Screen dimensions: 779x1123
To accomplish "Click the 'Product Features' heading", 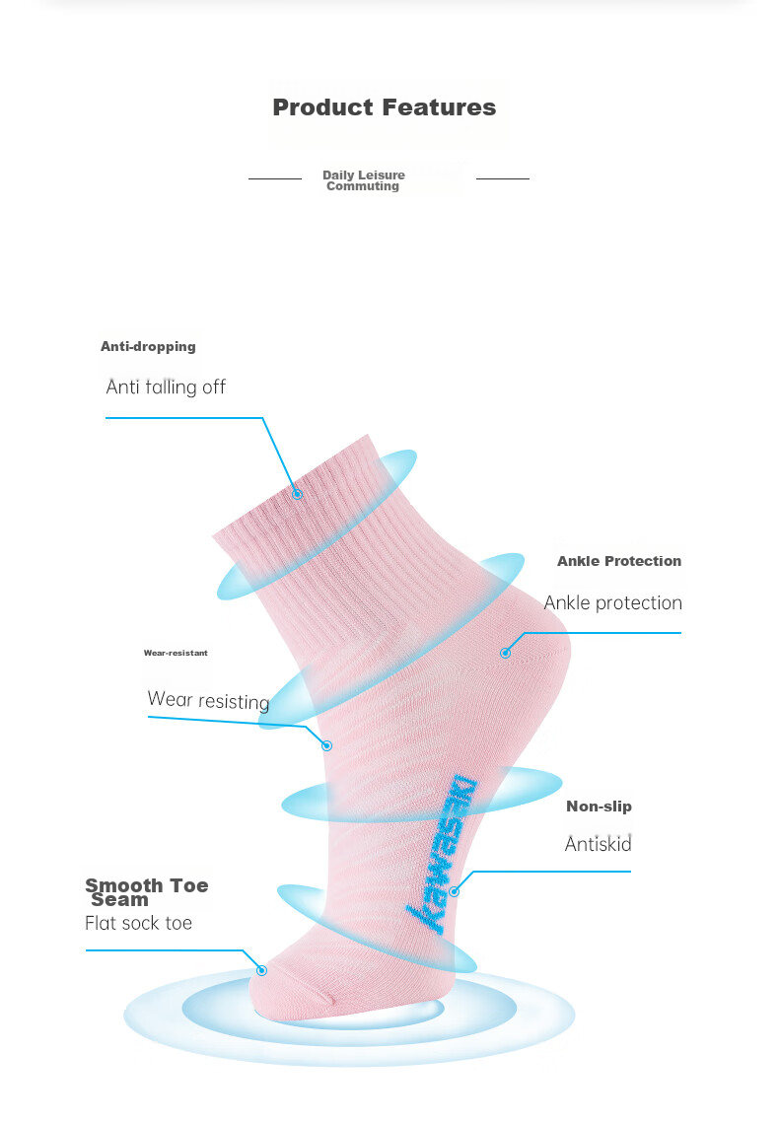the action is pyautogui.click(x=385, y=107).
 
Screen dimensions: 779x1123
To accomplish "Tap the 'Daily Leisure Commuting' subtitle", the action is pyautogui.click(x=364, y=180).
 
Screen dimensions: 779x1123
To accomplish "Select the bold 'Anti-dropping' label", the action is pyautogui.click(x=148, y=347).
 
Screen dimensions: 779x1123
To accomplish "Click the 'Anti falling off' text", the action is pyautogui.click(x=166, y=386).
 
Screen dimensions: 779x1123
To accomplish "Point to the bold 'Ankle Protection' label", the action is pyautogui.click(x=619, y=561).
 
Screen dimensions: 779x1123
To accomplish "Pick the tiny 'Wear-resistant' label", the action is pyautogui.click(x=176, y=653).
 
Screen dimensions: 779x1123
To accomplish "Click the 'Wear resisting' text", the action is pyautogui.click(x=208, y=700).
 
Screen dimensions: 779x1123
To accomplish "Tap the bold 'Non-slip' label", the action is pyautogui.click(x=600, y=807).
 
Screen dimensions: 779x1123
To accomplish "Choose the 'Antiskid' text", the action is pyautogui.click(x=598, y=844).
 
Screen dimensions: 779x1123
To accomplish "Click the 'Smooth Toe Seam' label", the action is pyautogui.click(x=147, y=892).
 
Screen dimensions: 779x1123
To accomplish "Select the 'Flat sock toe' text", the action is pyautogui.click(x=138, y=923).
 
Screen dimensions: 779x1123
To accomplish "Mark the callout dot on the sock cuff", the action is pyautogui.click(x=297, y=494).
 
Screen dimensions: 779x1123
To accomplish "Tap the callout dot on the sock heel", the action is pyautogui.click(x=506, y=653).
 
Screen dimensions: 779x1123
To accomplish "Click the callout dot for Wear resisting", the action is pyautogui.click(x=327, y=745).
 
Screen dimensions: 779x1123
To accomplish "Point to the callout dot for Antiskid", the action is pyautogui.click(x=454, y=891).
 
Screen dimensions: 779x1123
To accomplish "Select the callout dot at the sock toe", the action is pyautogui.click(x=262, y=970).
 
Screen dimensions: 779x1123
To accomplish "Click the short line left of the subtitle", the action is pyautogui.click(x=275, y=178).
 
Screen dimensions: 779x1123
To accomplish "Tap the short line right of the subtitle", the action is pyautogui.click(x=503, y=178).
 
